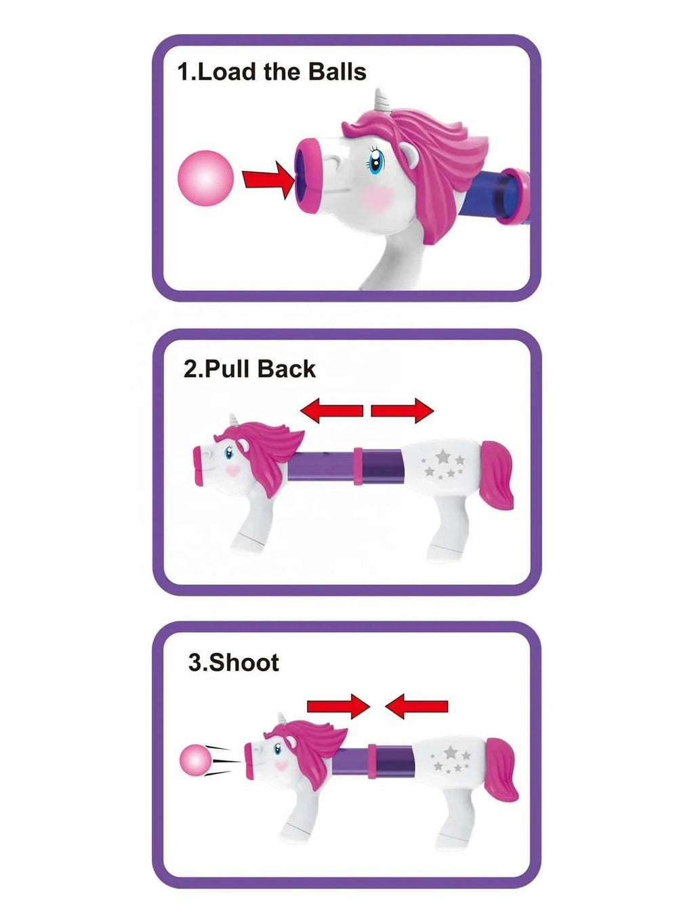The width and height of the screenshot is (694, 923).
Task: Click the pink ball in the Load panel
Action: pyautogui.click(x=205, y=178)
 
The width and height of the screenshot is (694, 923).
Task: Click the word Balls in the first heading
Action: pyautogui.click(x=337, y=72)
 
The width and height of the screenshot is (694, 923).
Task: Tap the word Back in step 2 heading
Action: pyautogui.click(x=287, y=369)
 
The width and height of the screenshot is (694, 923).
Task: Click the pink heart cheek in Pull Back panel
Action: pyautogui.click(x=233, y=471)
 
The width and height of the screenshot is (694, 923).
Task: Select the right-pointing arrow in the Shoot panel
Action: pyautogui.click(x=338, y=706)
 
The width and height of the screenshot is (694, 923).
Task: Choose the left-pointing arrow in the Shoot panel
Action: pyautogui.click(x=417, y=706)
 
